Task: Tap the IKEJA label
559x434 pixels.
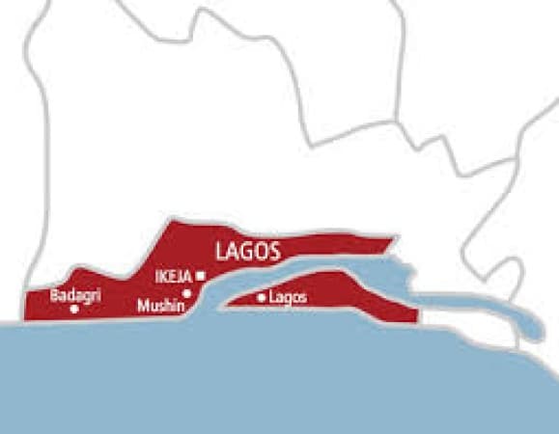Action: coord(174,277)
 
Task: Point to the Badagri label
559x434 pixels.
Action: coord(74,295)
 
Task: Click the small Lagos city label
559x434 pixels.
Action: coord(289,298)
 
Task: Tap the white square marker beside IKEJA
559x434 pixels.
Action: coord(200,276)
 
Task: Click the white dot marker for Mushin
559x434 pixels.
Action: coord(187,293)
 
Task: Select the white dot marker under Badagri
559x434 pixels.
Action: coord(74,309)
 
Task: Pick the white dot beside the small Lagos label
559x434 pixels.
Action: coord(262,298)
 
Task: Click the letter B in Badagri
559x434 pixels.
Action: coord(54,295)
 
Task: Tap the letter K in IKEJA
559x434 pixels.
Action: coord(165,277)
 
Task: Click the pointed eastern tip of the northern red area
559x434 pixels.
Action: coord(396,237)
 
